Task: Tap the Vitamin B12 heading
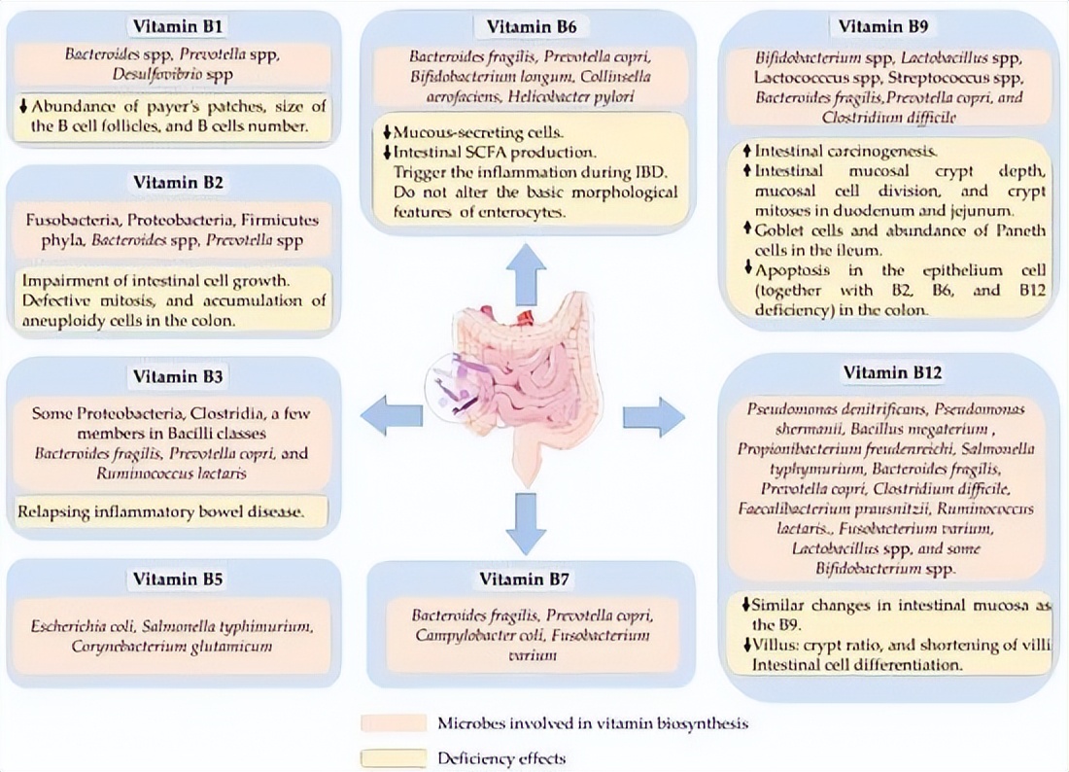pos(893,371)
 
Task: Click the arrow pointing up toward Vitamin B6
pos(525,273)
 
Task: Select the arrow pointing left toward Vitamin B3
pos(391,416)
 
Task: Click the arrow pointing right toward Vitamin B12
pos(653,416)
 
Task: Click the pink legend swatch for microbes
pos(394,723)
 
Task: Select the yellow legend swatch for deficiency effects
pos(394,757)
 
